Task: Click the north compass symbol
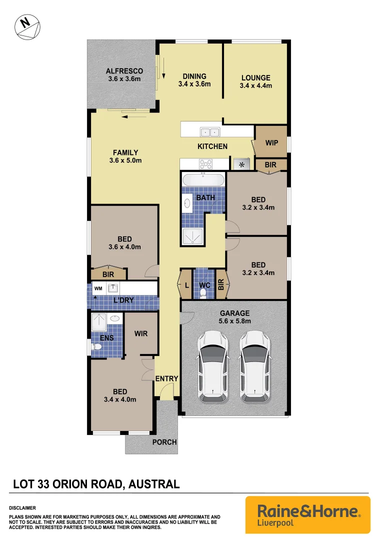[28, 26]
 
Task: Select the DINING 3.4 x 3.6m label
[194, 80]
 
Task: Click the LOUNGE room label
[255, 81]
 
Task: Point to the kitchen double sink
[209, 132]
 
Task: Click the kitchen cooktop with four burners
[205, 164]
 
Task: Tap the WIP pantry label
[271, 143]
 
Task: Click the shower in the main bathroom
[190, 236]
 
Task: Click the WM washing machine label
[97, 288]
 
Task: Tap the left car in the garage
[213, 366]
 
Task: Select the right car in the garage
[254, 366]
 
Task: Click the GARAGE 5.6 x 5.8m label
[235, 317]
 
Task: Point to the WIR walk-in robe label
[141, 333]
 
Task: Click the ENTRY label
[166, 378]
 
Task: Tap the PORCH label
[164, 442]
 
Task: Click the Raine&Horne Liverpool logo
[308, 515]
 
